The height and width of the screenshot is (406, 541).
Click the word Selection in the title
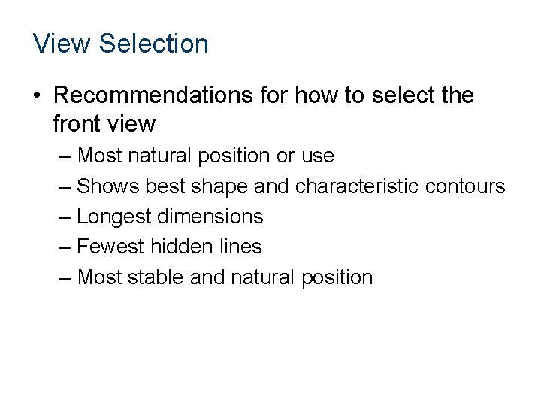pos(153,44)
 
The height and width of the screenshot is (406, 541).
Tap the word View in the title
pos(62,44)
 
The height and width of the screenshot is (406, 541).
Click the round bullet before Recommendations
pos(37,97)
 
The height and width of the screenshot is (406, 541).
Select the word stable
pos(153,277)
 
